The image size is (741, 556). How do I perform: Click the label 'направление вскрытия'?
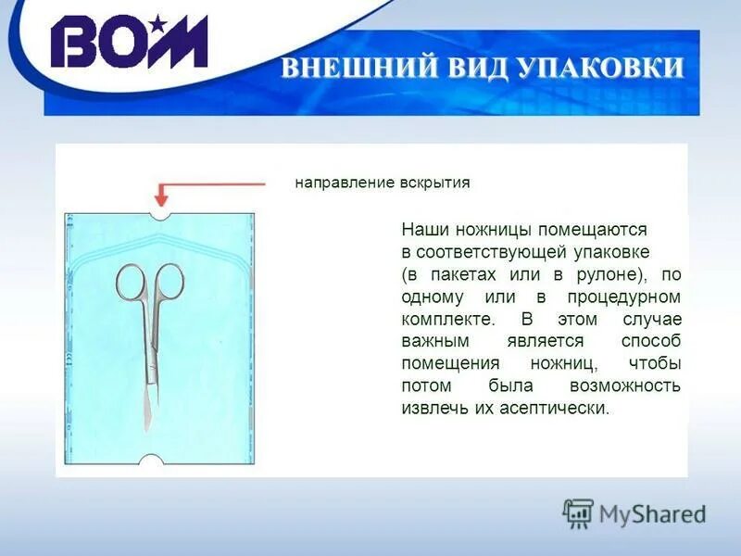pyautogui.click(x=383, y=183)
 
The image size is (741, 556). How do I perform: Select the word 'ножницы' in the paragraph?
pyautogui.click(x=494, y=229)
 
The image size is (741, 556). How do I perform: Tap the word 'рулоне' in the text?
pyautogui.click(x=597, y=275)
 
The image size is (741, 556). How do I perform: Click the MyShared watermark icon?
pyautogui.click(x=579, y=512)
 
